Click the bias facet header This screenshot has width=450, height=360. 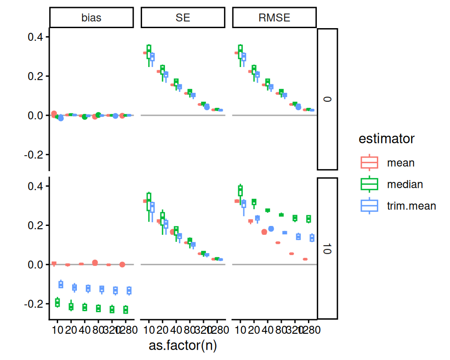click(x=91, y=18)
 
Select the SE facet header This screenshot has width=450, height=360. click(x=183, y=18)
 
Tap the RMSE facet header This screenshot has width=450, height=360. click(x=275, y=18)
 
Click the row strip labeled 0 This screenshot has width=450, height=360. click(x=328, y=99)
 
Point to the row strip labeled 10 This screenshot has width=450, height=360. click(x=328, y=248)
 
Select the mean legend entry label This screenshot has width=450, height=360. click(x=401, y=163)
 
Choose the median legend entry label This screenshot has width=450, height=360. click(x=405, y=184)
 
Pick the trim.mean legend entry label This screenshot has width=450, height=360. click(x=412, y=205)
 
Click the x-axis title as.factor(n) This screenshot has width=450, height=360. click(x=183, y=346)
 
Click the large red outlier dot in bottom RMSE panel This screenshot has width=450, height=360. click(x=264, y=232)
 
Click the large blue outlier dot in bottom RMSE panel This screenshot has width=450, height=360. click(x=271, y=229)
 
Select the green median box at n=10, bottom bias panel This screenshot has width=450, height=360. click(x=58, y=302)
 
